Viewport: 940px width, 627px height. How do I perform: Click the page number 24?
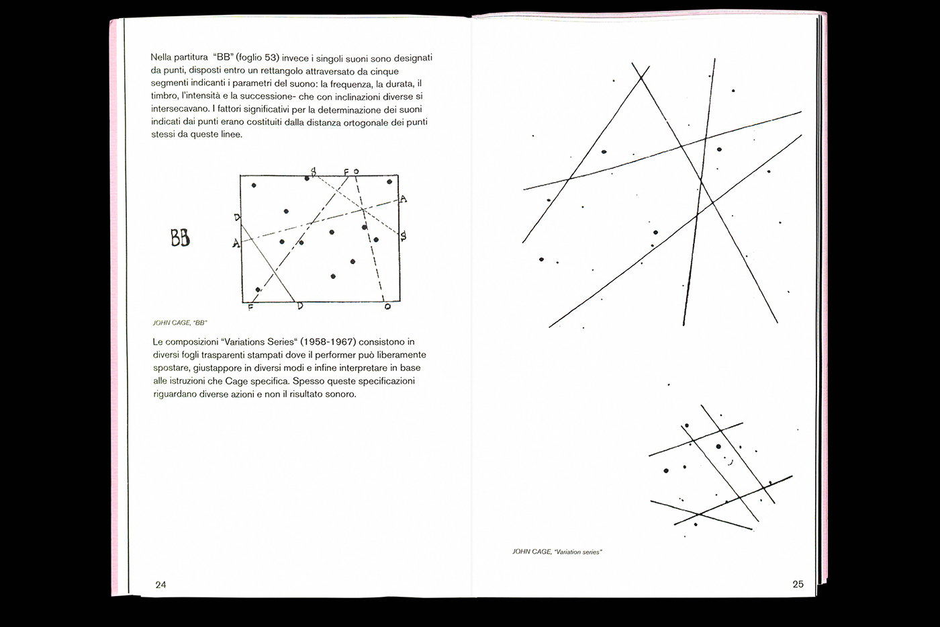pos(160,584)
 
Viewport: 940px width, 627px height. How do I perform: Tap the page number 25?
pos(798,583)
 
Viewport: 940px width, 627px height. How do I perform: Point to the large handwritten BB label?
pos(180,237)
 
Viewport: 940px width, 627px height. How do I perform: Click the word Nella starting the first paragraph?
pos(162,58)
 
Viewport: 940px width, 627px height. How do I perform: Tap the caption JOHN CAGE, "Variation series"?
pos(557,552)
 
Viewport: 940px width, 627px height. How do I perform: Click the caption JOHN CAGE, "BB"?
pos(175,323)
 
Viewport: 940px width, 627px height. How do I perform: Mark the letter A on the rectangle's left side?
pos(236,244)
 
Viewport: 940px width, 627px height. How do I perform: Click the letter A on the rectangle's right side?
pos(403,198)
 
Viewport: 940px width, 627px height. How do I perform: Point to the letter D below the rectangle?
pos(299,306)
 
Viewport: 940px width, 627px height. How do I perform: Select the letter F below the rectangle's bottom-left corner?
pos(250,307)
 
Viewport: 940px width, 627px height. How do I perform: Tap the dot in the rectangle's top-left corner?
pos(253,185)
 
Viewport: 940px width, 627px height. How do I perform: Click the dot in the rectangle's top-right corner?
pos(389,181)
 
